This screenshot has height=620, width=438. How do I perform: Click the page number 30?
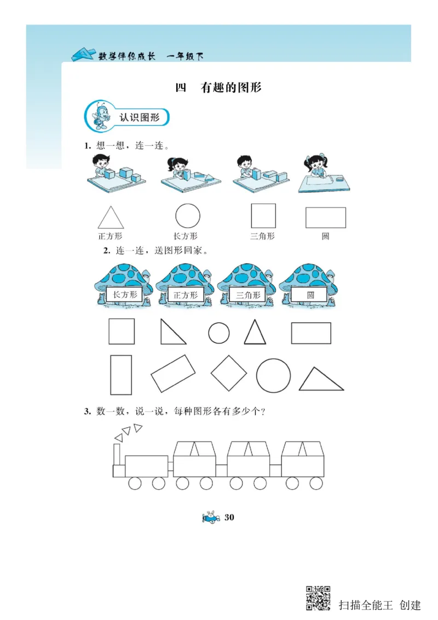point(229,518)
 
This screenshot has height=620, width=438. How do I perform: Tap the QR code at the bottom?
point(318,598)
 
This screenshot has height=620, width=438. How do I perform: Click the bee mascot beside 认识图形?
point(101,116)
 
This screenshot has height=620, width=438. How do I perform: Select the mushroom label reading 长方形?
point(124,295)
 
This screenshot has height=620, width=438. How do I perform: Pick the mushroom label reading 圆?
point(310,295)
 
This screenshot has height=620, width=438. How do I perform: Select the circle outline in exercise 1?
point(187,216)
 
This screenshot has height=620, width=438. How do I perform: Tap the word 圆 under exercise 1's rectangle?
point(325,237)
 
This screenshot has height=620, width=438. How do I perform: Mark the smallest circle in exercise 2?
point(219,332)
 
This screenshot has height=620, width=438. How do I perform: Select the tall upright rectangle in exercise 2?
point(121,375)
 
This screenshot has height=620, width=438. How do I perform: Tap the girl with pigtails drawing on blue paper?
point(317,167)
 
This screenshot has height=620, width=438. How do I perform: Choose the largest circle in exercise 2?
point(274,376)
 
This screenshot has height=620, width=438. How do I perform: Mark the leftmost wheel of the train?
point(135,483)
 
